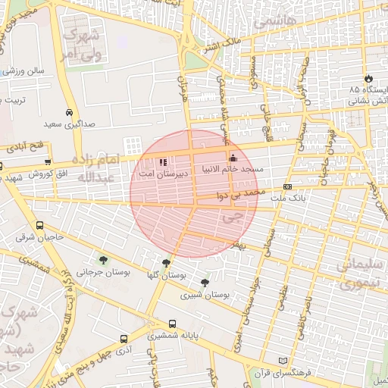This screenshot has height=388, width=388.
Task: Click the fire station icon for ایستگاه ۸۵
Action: coord(368,78)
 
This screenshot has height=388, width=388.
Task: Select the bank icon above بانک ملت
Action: coord(287,186)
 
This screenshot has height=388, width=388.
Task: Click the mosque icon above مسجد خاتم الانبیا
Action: coord(233,158)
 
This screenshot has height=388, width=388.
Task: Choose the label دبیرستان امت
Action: coord(158,174)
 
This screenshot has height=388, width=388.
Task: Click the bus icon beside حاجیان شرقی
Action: coord(39,225)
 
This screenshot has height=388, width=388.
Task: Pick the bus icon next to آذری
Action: coord(124,339)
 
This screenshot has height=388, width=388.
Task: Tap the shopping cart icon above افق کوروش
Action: coord(48,162)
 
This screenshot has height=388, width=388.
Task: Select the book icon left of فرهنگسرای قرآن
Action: coord(283,361)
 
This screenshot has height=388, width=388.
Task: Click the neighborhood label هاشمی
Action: coord(271,23)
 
